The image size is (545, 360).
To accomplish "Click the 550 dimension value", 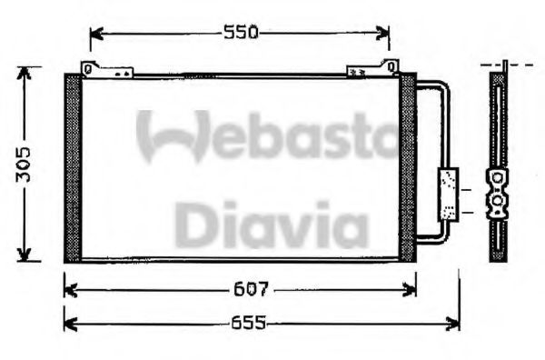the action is click(241, 33).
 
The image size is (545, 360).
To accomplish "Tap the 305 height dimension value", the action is click(24, 165).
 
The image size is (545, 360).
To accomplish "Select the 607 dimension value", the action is click(252, 289).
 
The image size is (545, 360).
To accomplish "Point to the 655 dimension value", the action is click(249, 323).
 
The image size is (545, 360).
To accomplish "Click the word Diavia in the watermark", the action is click(271, 225).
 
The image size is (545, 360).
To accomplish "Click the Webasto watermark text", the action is click(268, 136).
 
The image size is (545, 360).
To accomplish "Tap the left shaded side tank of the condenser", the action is click(73, 168).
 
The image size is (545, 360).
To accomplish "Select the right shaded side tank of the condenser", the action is click(407, 168).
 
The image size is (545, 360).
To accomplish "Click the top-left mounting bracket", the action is click(106, 69).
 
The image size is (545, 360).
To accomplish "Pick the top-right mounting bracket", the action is click(373, 68).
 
